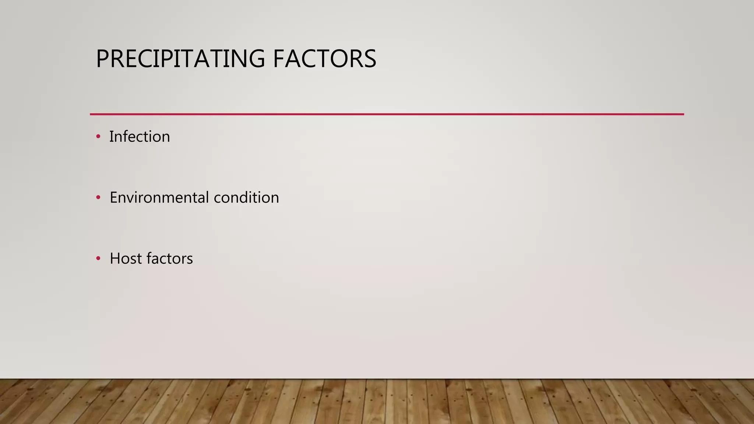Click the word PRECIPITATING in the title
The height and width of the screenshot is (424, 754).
(180, 59)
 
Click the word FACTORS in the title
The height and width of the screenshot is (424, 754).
(324, 59)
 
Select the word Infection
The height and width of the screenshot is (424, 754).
(140, 137)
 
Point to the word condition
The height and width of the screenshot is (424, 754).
(246, 198)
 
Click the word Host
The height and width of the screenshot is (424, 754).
(126, 258)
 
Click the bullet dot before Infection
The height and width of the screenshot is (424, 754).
(98, 137)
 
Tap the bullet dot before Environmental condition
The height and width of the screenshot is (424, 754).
(98, 198)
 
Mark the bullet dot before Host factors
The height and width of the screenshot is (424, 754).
(98, 258)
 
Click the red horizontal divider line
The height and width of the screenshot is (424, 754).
(387, 114)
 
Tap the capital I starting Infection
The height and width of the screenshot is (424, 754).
(111, 137)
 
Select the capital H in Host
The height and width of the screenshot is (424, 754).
(115, 258)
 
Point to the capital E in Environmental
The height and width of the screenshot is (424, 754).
(114, 198)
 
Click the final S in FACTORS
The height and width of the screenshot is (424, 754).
(369, 59)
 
